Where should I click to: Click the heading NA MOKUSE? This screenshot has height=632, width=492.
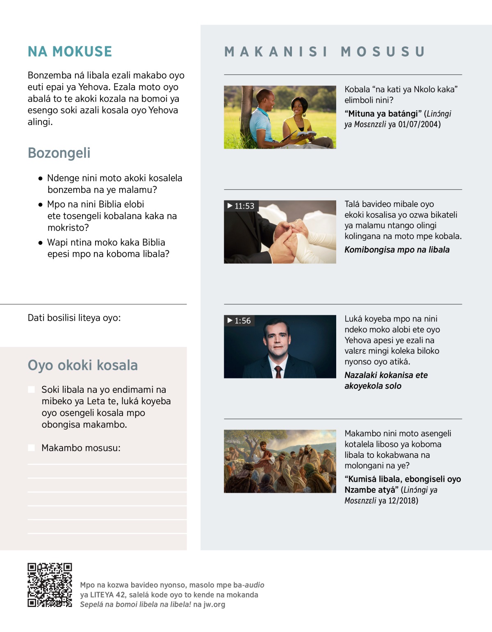(70, 52)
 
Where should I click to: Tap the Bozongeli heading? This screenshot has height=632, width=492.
(59, 153)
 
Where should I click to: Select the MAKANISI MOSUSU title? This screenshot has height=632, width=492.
(324, 52)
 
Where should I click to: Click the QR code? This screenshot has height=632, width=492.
(50, 585)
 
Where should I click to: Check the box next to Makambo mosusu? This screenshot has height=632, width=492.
(31, 448)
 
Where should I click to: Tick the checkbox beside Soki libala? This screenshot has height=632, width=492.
(31, 390)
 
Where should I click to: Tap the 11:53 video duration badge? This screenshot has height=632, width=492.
(241, 206)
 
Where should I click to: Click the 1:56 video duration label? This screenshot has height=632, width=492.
(239, 321)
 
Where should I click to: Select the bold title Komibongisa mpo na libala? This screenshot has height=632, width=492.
(397, 249)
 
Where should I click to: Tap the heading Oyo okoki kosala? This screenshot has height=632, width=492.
(82, 365)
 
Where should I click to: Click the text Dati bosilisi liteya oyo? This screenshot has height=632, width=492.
(74, 318)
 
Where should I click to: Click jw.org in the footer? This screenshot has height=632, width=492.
(214, 604)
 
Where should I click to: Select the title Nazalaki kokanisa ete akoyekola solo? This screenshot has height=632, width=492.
(385, 381)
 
